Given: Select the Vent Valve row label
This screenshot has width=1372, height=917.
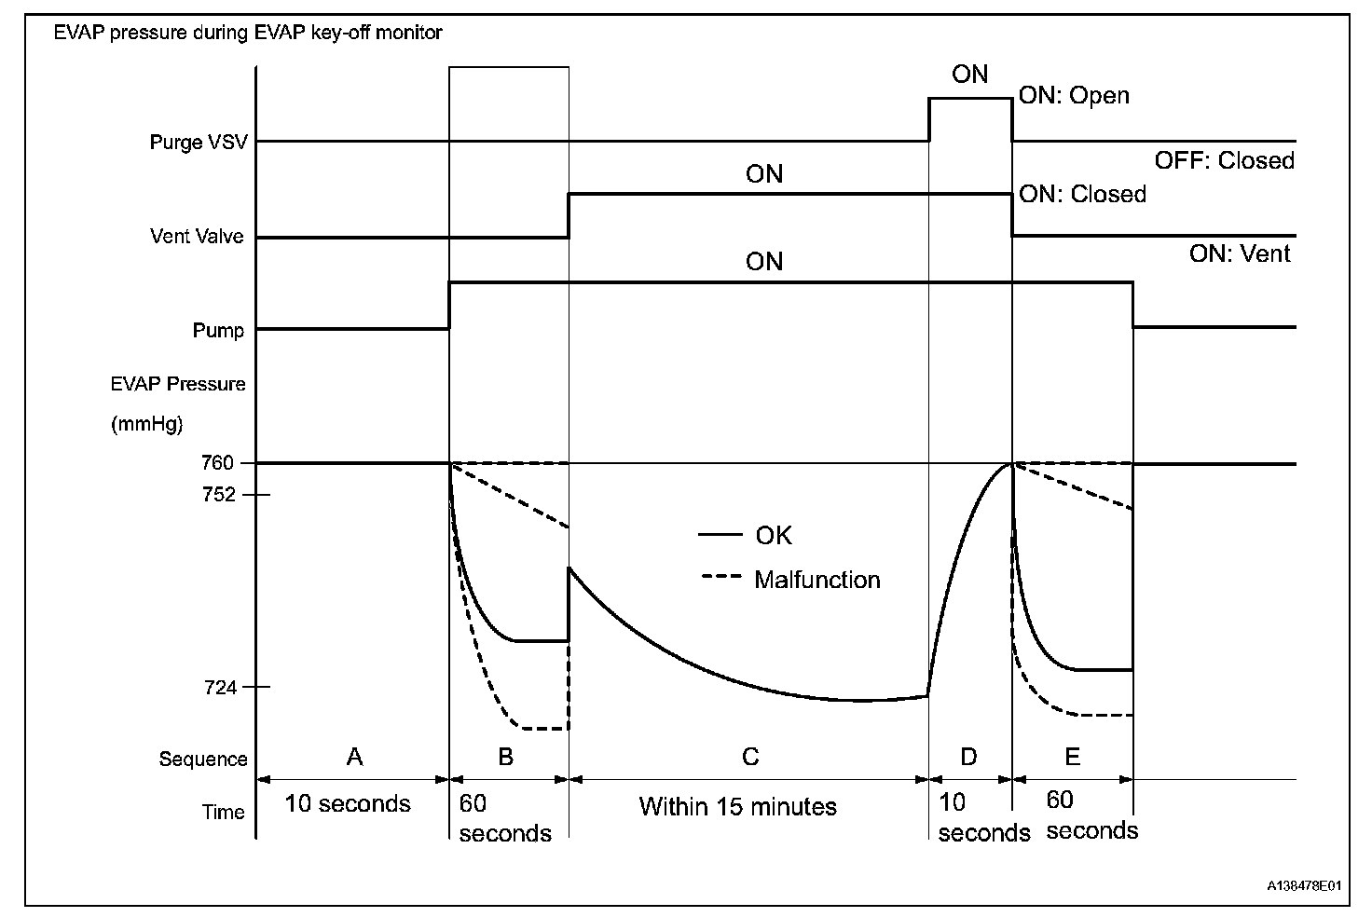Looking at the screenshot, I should pos(196,237).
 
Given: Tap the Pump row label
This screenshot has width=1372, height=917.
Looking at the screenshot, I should pos(218,331).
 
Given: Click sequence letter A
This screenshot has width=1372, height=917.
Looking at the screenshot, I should pos(354,757).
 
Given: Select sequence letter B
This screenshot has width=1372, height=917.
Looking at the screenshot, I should pos(505,757).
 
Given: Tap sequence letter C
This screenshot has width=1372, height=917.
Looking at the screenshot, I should pos(750,757).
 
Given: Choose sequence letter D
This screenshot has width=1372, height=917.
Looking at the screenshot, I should pos(968,757).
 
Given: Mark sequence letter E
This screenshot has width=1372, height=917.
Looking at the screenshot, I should pos(1072,757).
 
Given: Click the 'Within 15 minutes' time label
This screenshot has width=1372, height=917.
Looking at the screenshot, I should pos(737,806).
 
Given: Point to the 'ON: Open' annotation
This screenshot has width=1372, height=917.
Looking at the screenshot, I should pos(1074,95).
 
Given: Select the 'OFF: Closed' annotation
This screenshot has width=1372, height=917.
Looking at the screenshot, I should pos(1224,160).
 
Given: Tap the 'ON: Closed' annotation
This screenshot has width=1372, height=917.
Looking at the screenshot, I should pos(1082,194).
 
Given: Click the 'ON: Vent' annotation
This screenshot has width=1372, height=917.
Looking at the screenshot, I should pos(1239,253).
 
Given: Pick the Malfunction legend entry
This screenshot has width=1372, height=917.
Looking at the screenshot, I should pos(816,580).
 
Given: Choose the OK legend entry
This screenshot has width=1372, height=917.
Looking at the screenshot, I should pos(774,535).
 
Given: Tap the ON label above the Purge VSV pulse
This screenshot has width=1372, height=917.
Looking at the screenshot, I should pos(969,75).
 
